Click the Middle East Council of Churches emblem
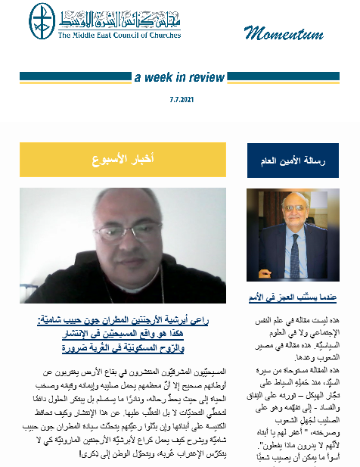tap(42, 23)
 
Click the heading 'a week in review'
tap(179, 77)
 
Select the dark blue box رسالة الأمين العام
tap(291, 160)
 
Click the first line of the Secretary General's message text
tap(291, 322)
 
